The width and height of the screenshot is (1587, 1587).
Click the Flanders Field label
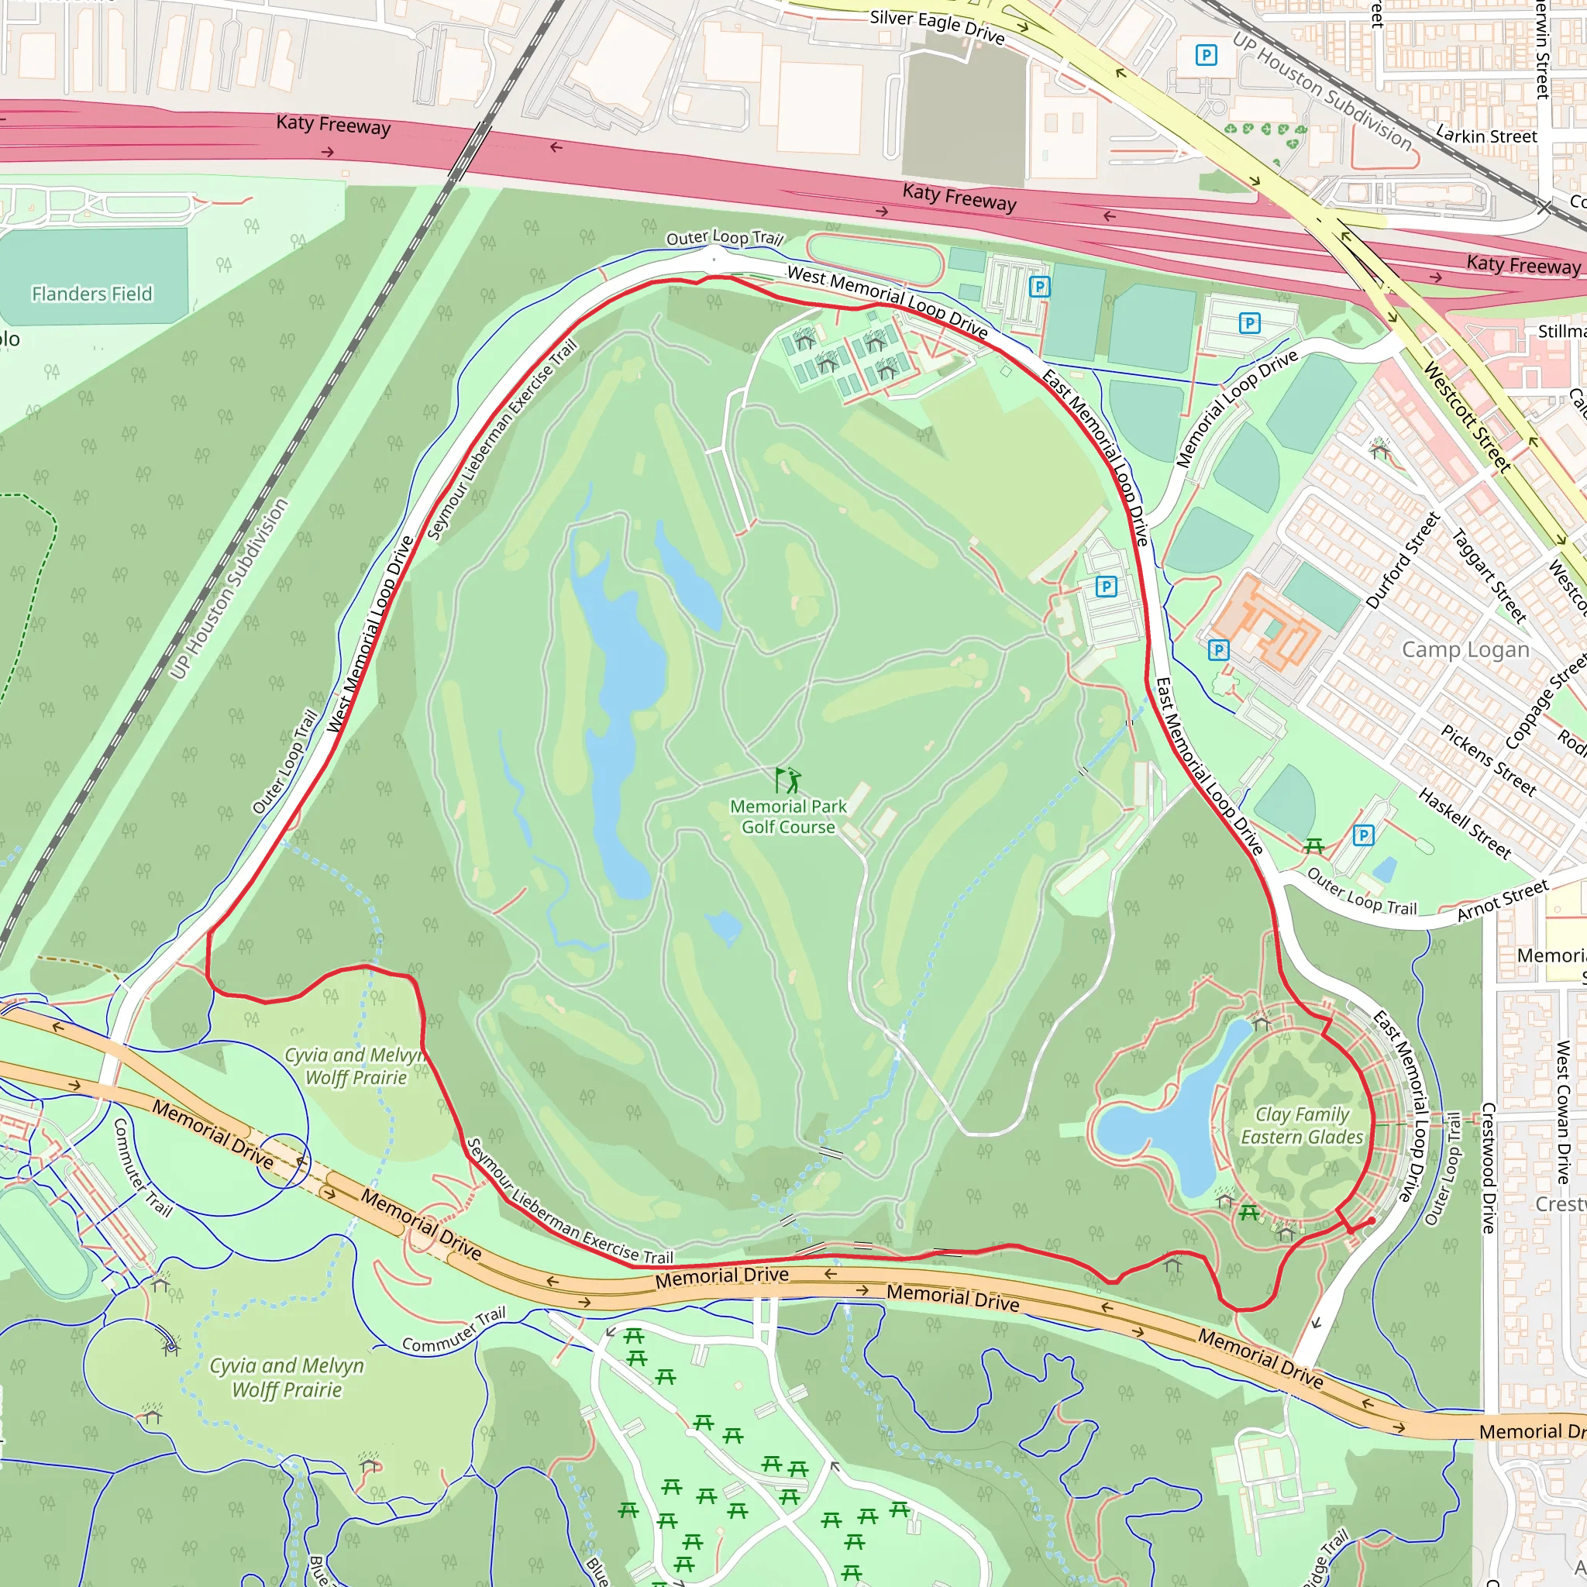[92, 293]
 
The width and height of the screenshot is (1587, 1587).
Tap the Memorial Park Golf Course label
[789, 817]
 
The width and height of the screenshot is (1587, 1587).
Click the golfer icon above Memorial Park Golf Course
[788, 779]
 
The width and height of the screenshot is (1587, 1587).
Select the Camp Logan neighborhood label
[1465, 649]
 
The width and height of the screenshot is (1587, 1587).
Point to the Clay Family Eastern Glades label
[1302, 1125]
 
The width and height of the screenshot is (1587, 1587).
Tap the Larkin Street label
[1486, 136]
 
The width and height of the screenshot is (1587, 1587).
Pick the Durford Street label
[1403, 560]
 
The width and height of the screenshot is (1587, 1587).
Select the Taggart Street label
[1489, 576]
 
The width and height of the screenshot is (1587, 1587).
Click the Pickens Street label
[1489, 761]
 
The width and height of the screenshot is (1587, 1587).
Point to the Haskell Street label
[1465, 823]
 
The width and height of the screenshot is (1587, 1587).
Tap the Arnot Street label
[1503, 900]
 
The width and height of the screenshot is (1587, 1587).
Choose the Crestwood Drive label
[1488, 1167]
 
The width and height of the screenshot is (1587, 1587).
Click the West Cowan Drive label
[1562, 1112]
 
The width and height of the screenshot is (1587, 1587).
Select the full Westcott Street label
[1467, 418]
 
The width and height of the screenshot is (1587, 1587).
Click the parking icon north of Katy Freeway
[1206, 55]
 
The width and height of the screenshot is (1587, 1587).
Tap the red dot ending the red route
[1371, 1221]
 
